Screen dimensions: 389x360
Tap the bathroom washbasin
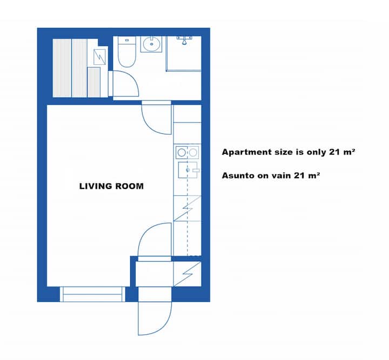click(x=151, y=44)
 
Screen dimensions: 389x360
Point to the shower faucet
click(x=184, y=39)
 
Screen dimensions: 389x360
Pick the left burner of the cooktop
click(x=182, y=152)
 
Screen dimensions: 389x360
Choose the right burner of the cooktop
click(x=193, y=152)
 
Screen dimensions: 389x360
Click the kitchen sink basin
click(x=188, y=170)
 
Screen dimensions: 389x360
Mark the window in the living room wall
click(x=92, y=294)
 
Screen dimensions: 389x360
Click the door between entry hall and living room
click(x=155, y=240)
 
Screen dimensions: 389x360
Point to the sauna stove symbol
click(x=99, y=57)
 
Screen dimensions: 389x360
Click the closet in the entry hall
click(x=187, y=274)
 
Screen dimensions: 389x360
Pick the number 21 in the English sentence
click(x=334, y=152)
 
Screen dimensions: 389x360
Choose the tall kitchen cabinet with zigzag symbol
click(x=187, y=208)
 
